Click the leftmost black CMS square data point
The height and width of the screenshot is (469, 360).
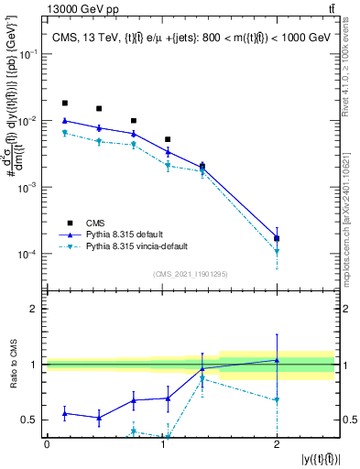pos(64,104)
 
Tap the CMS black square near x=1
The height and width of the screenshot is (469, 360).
pos(168,139)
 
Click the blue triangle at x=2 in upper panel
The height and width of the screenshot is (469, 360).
pos(277,237)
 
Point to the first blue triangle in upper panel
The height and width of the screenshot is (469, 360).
pos(64,120)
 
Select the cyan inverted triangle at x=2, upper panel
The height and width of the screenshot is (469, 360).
pos(277,251)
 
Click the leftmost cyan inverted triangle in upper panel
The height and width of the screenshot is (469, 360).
pos(64,134)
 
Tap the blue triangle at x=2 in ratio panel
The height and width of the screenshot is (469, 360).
pos(277,360)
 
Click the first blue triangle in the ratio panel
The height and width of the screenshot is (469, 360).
pos(64,413)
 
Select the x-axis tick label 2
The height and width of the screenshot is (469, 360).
pos(277,443)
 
